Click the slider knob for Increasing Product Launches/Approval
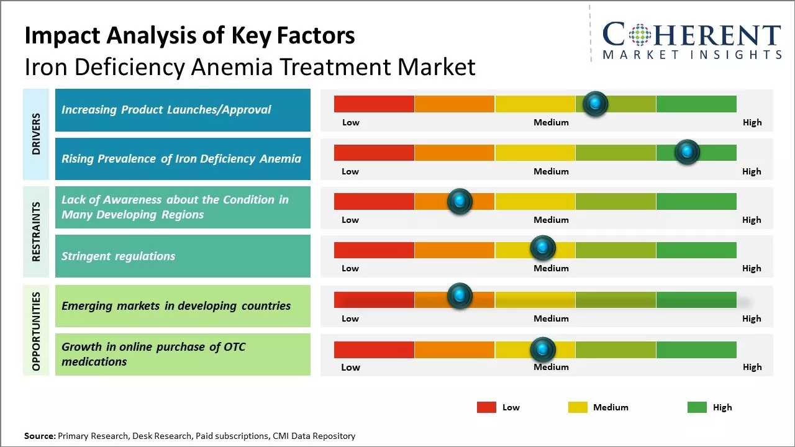tap(596, 104)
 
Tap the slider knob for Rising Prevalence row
tap(687, 152)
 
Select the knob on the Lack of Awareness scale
tap(460, 201)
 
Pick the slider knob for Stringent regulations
tap(543, 248)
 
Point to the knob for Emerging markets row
tap(460, 296)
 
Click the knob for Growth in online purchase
tap(543, 350)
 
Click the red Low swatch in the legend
tap(486, 407)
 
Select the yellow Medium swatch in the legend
tap(578, 407)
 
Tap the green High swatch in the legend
tap(697, 407)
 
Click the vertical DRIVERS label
tap(36, 134)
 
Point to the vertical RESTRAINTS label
tap(36, 232)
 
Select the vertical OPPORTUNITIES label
tap(36, 331)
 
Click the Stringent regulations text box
tap(183, 256)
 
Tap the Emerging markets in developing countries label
tap(176, 305)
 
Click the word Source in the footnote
tap(39, 436)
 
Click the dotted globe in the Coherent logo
tap(640, 35)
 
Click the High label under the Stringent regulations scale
tap(752, 268)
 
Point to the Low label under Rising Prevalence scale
tap(350, 171)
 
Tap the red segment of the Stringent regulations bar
tap(374, 250)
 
